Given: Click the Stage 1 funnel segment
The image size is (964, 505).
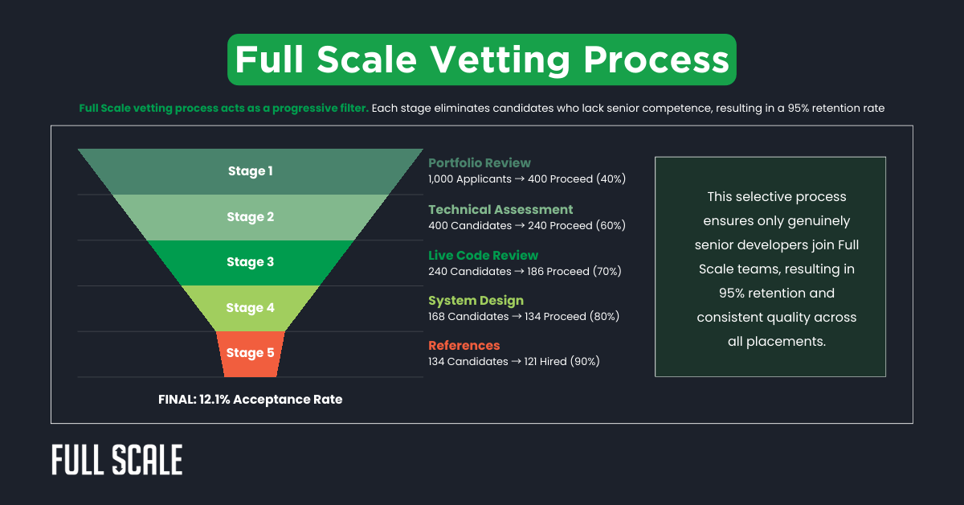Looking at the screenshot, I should pyautogui.click(x=250, y=171).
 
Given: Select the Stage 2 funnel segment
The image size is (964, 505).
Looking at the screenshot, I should pyautogui.click(x=250, y=217).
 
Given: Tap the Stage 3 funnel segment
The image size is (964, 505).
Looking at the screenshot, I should pyautogui.click(x=250, y=262).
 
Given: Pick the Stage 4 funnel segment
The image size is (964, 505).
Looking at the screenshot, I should pyautogui.click(x=250, y=308).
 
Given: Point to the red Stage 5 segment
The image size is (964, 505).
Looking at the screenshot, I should pyautogui.click(x=250, y=353).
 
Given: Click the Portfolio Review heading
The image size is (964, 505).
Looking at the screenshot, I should pyautogui.click(x=480, y=162).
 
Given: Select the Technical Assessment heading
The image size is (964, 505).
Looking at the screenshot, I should pyautogui.click(x=500, y=209).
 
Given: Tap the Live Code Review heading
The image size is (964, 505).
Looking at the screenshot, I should pyautogui.click(x=483, y=255).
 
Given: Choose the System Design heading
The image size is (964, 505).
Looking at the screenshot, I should pyautogui.click(x=476, y=300).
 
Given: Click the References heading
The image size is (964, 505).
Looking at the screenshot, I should pyautogui.click(x=464, y=345).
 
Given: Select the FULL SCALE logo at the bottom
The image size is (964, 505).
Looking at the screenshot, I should pyautogui.click(x=117, y=460).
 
